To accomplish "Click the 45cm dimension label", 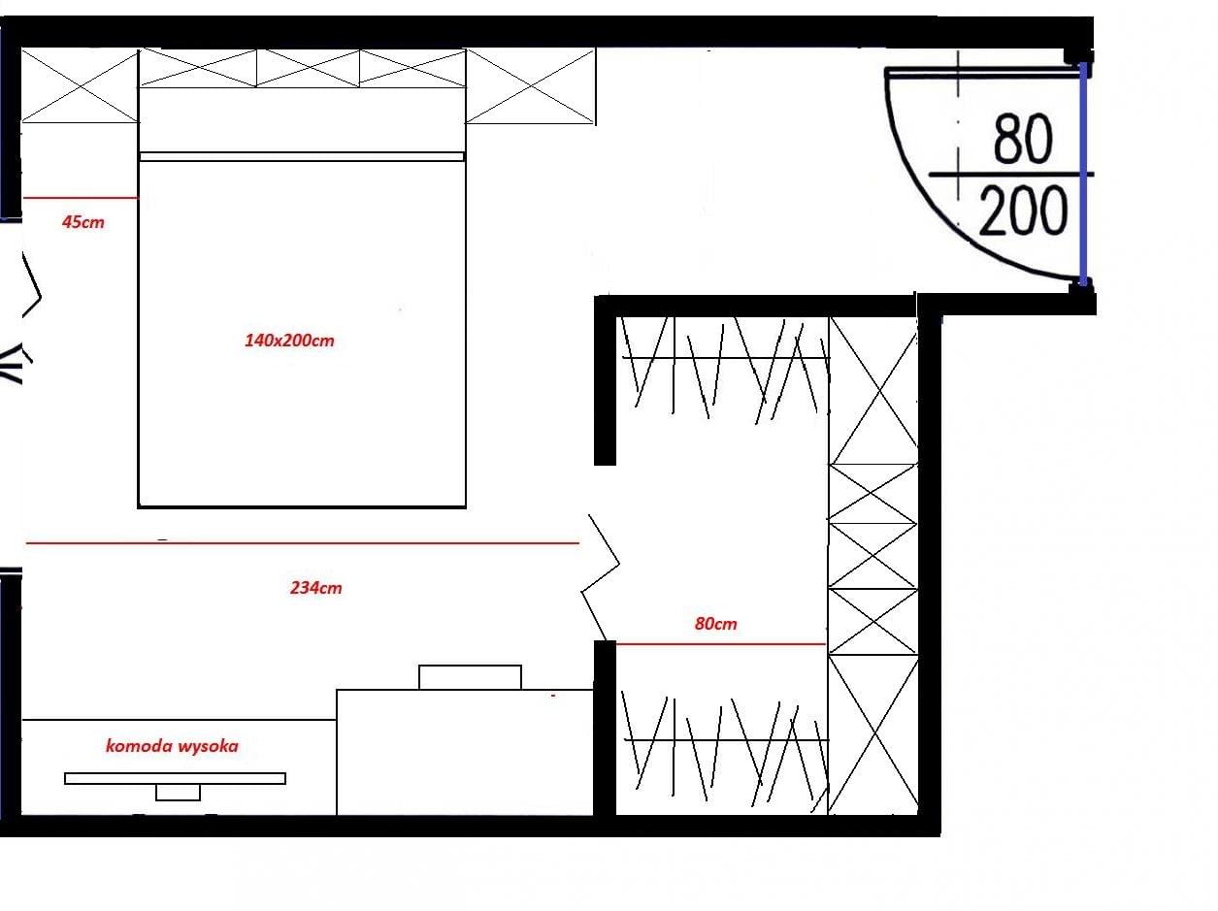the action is (83, 222).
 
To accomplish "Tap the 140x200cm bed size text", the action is (289, 340).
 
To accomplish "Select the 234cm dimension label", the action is (315, 587).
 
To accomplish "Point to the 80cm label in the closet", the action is (716, 623).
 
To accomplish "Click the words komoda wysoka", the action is (172, 746).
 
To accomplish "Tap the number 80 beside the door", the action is (1023, 139).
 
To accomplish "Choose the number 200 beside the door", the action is (1023, 211).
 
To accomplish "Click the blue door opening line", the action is (1082, 173).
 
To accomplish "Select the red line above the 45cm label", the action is (80, 197).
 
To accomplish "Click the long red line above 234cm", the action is (303, 543).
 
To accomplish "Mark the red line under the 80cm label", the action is (721, 644).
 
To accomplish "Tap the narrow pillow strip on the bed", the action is (301, 157).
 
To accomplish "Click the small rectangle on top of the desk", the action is (470, 677).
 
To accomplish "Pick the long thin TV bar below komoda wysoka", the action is (176, 778).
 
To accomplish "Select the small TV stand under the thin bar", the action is (178, 793).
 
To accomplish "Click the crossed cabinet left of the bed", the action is (80, 85).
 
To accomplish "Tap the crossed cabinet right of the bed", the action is (531, 86).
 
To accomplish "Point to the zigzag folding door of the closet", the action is (601, 578).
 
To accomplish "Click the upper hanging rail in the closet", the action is (726, 358).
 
